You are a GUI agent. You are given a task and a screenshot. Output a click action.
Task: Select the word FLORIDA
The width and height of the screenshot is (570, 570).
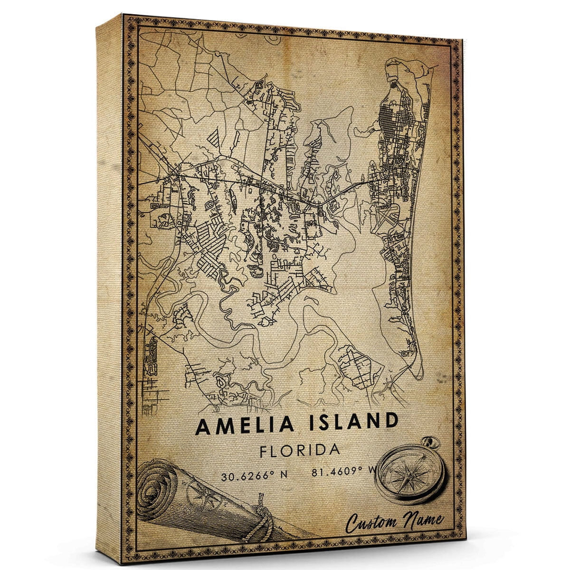pyautogui.click(x=300, y=450)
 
